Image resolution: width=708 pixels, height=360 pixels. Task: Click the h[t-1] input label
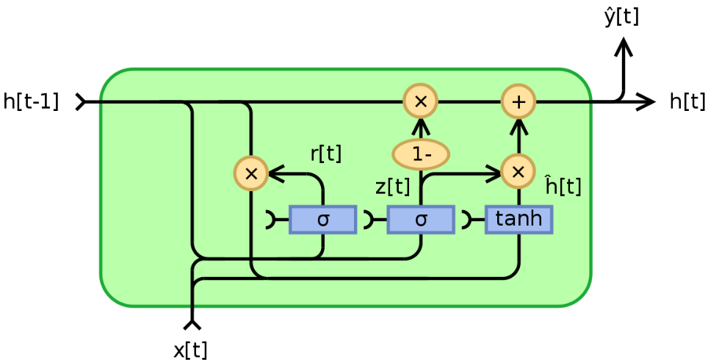[31, 101]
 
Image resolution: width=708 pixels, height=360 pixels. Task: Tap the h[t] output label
[687, 101]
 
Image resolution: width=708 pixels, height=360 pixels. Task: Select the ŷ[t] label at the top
[621, 16]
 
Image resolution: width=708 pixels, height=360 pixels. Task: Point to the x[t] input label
[190, 350]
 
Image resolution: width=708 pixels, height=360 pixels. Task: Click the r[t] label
[325, 154]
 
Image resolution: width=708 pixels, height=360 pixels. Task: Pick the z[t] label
[392, 187]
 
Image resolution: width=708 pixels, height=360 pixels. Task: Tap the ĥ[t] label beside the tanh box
[563, 186]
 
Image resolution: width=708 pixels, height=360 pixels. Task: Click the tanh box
[519, 219]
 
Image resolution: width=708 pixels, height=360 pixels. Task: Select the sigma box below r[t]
[323, 219]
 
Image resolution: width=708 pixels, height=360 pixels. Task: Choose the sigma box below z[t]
[421, 219]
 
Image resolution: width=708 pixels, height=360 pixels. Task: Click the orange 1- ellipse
[421, 154]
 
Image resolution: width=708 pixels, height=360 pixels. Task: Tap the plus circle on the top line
[519, 101]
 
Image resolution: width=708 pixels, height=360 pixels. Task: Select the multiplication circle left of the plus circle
[421, 101]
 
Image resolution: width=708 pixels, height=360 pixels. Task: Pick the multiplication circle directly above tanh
[518, 172]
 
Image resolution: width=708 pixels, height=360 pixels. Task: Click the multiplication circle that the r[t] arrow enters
[250, 173]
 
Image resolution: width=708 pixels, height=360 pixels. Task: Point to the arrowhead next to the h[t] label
[646, 101]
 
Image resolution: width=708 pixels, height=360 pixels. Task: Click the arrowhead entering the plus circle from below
[519, 123]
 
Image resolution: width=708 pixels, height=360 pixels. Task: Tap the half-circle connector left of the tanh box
[467, 219]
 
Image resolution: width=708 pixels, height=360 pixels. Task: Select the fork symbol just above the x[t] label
[192, 323]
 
